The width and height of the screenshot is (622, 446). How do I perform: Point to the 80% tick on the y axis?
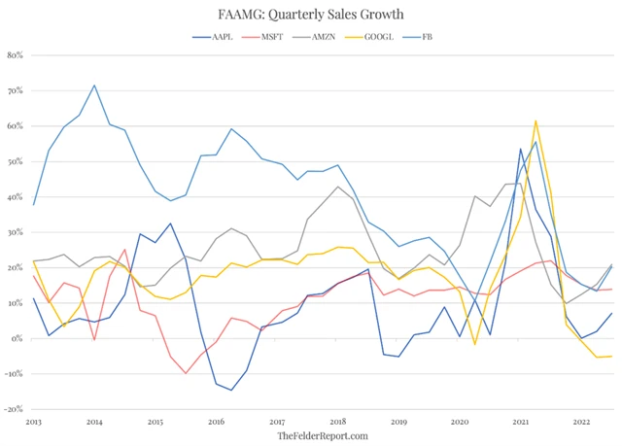tap(16, 55)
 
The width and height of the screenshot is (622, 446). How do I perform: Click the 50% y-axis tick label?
tap(16, 161)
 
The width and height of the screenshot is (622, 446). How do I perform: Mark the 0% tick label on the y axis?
tap(18, 339)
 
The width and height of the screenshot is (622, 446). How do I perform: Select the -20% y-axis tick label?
tap(14, 410)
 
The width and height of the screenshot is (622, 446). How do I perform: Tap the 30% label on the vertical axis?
tap(16, 232)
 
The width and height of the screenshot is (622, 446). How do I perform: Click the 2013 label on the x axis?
tap(34, 423)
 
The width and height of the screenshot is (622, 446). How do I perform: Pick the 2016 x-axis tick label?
tap(216, 423)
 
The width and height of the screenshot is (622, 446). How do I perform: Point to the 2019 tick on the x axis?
tap(398, 423)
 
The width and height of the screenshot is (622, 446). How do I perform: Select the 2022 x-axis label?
tap(580, 423)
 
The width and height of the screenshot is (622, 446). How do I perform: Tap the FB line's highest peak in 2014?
tap(94, 86)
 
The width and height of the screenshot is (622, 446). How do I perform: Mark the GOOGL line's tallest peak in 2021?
tap(536, 121)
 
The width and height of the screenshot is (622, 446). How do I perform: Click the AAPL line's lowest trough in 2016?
tap(231, 391)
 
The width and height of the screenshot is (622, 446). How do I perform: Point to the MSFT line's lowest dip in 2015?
tap(185, 373)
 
